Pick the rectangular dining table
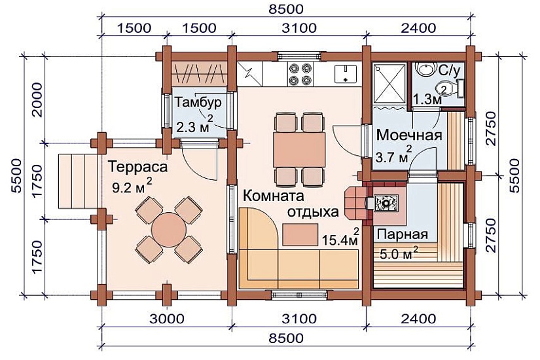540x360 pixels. (299, 150)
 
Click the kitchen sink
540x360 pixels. (344, 73)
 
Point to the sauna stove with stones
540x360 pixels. (387, 204)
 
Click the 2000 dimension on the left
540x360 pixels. (37, 98)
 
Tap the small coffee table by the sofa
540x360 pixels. (302, 232)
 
